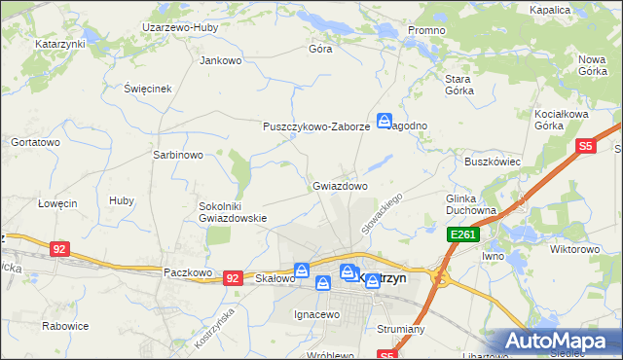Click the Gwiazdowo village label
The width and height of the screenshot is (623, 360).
340,185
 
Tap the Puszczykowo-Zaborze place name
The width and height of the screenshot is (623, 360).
316,126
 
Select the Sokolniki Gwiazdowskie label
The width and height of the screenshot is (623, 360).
233,212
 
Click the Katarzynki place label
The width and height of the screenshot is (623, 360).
60,45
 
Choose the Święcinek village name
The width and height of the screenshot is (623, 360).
148,89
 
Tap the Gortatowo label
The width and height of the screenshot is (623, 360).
35,142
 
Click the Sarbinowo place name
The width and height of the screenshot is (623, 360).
178,155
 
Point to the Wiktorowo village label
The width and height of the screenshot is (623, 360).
575,249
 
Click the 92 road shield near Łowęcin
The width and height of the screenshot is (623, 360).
60,249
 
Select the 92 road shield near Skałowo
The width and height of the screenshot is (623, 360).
232,277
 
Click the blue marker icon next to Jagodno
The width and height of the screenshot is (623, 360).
385,121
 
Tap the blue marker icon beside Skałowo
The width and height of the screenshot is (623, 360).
302,270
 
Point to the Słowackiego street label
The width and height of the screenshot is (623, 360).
382,211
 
